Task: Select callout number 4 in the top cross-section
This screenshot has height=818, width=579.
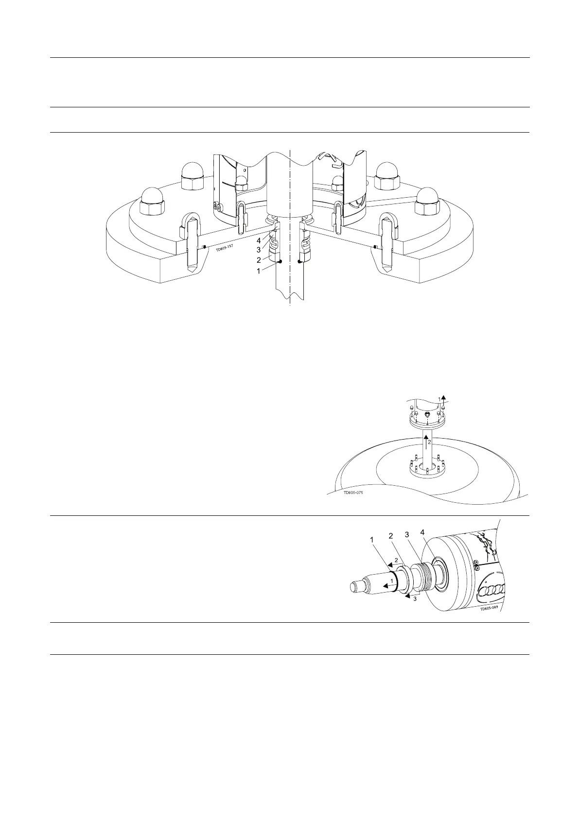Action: coord(259,240)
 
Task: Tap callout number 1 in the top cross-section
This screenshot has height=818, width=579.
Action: coord(259,271)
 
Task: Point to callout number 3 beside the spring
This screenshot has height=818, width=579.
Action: coord(259,250)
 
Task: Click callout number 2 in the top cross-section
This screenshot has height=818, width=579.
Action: coord(259,260)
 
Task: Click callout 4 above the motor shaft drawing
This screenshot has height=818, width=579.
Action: coord(422,533)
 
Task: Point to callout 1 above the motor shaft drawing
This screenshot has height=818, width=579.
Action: coord(372,539)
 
